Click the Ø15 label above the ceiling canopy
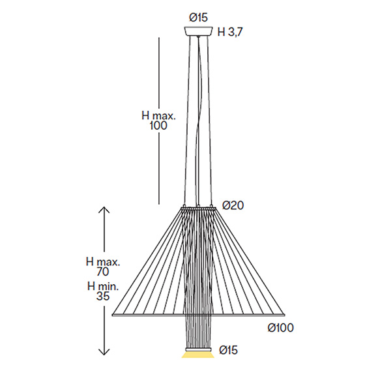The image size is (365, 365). [x=198, y=18]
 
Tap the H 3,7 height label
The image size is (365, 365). [x=229, y=32]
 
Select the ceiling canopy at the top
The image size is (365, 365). [x=199, y=31]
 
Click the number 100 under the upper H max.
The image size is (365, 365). [x=158, y=125]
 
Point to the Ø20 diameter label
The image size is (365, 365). [x=233, y=205]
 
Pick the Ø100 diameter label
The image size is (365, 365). [x=280, y=328]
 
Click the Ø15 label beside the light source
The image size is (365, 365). [x=228, y=350]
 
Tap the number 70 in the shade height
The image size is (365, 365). [x=103, y=272]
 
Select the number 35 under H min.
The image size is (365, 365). [x=103, y=297]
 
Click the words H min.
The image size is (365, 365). [x=103, y=286]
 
